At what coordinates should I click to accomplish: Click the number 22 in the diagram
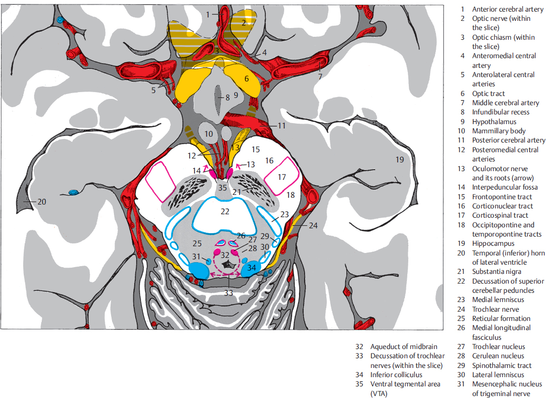click(x=225, y=212)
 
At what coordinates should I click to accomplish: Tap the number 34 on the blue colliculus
click(x=252, y=267)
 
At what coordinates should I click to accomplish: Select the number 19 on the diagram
click(x=400, y=159)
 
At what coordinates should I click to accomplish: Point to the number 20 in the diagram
click(x=42, y=201)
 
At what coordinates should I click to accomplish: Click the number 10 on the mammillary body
click(x=208, y=133)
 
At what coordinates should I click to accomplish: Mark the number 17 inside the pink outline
click(x=282, y=177)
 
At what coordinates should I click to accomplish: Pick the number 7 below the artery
click(x=320, y=76)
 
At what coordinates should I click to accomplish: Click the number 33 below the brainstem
click(x=228, y=292)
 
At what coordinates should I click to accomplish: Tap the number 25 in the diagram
click(x=197, y=242)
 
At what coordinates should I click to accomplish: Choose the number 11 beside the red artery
click(x=282, y=126)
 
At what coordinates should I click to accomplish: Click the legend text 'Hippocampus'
click(x=493, y=243)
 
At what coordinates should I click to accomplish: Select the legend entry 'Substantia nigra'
click(x=497, y=271)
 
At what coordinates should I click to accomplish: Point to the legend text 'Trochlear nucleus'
click(x=498, y=347)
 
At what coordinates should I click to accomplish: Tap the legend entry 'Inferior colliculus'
click(x=396, y=375)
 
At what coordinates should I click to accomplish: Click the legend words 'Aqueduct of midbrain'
click(x=403, y=347)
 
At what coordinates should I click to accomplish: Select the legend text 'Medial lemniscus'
click(x=498, y=300)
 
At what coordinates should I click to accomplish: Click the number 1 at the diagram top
click(x=208, y=15)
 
